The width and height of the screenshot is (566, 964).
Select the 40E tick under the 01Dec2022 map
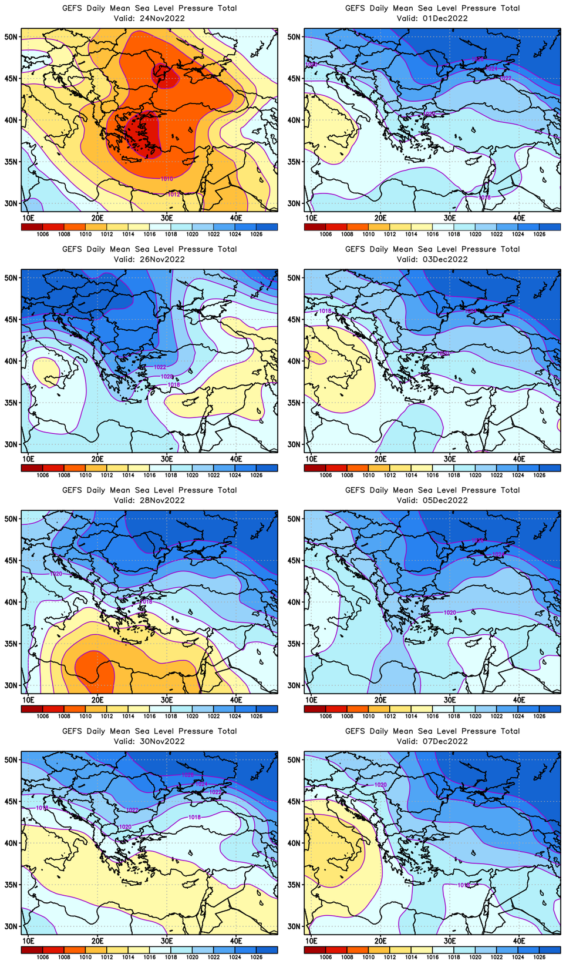519,217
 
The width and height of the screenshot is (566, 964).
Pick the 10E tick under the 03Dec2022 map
311,458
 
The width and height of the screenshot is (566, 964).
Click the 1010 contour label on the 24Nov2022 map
167,179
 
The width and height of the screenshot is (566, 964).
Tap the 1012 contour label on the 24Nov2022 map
174,194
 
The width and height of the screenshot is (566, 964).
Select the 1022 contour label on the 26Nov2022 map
160,367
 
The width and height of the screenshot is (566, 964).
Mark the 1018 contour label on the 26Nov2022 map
174,385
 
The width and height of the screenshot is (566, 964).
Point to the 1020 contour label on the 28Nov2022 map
56,574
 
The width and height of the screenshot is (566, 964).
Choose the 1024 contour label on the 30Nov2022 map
201,784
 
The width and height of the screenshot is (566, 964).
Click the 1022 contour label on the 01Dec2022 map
505,78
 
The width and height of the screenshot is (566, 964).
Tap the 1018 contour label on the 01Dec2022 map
485,198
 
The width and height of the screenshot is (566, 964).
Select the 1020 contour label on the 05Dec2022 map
450,612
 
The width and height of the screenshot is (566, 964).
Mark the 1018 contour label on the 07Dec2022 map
464,885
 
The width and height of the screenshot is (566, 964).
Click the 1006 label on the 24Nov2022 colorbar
43,234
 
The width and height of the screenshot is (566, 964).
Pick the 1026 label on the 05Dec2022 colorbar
540,716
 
